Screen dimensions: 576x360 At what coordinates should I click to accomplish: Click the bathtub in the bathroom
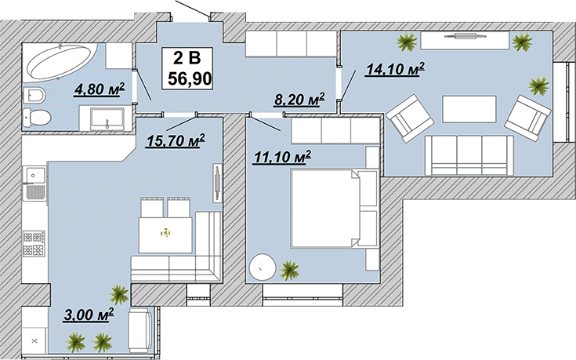click(x=60, y=62)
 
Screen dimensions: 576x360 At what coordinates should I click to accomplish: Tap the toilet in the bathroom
click(x=37, y=118)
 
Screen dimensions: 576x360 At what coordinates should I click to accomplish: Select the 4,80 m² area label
click(x=100, y=89)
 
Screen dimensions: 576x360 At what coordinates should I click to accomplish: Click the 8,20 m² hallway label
click(x=299, y=100)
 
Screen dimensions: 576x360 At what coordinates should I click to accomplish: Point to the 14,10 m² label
click(x=394, y=69)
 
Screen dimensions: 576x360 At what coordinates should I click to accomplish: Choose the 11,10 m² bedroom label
click(x=282, y=158)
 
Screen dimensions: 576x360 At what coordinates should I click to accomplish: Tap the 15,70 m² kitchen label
click(x=176, y=141)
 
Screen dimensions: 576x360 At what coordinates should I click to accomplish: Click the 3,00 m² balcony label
click(x=89, y=315)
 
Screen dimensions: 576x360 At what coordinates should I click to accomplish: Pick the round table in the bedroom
click(x=262, y=267)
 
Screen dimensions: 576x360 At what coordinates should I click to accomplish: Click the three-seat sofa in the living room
click(x=469, y=155)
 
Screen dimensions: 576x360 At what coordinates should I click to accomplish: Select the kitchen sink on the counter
click(x=34, y=175)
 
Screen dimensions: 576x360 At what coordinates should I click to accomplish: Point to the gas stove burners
click(x=34, y=243)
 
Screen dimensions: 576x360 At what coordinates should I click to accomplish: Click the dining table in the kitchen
click(x=165, y=235)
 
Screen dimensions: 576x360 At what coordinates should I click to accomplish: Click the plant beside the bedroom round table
click(x=289, y=271)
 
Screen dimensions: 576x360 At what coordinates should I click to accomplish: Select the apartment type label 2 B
click(x=187, y=58)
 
